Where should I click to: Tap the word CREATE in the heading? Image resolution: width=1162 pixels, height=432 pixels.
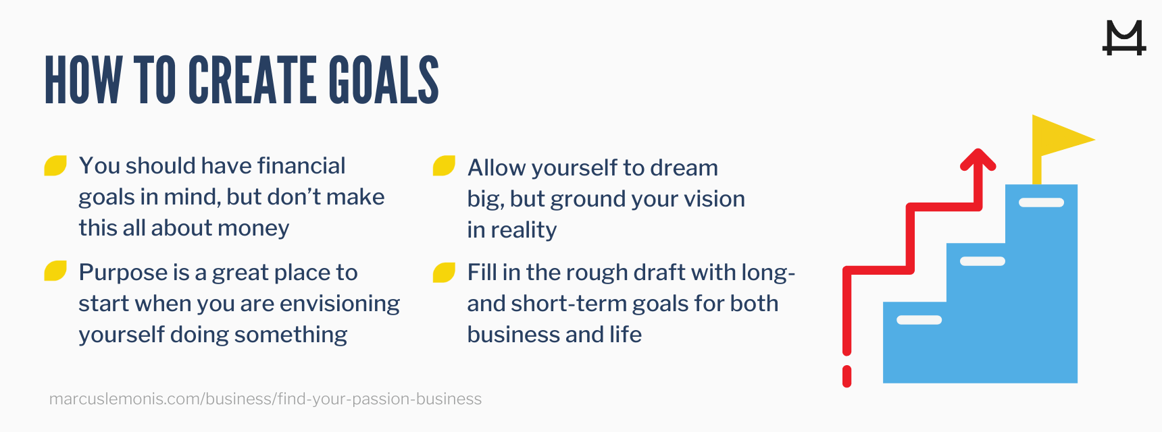coord(253,80)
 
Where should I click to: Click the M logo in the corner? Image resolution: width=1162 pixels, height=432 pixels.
coord(1124,38)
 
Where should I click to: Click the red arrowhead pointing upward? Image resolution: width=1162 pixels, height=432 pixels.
coord(978,160)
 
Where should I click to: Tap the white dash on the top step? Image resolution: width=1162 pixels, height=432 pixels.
coord(1041,202)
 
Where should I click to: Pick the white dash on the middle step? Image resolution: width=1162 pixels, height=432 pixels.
coord(982,261)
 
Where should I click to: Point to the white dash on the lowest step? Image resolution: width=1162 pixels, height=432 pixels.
coord(919,320)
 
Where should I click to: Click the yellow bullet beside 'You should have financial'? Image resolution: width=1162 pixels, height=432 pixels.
coord(55,165)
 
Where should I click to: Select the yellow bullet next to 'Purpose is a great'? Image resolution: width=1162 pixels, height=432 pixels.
coord(55,271)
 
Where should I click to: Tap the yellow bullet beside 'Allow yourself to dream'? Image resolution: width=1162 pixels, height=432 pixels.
coord(444,165)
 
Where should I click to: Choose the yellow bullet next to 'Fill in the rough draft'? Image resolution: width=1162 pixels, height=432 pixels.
coord(444,272)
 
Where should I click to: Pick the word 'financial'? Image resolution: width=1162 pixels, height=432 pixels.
coord(301,166)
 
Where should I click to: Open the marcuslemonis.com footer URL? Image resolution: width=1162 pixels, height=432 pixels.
coord(266,399)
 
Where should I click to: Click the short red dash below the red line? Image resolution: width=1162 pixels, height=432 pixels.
coord(847,376)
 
